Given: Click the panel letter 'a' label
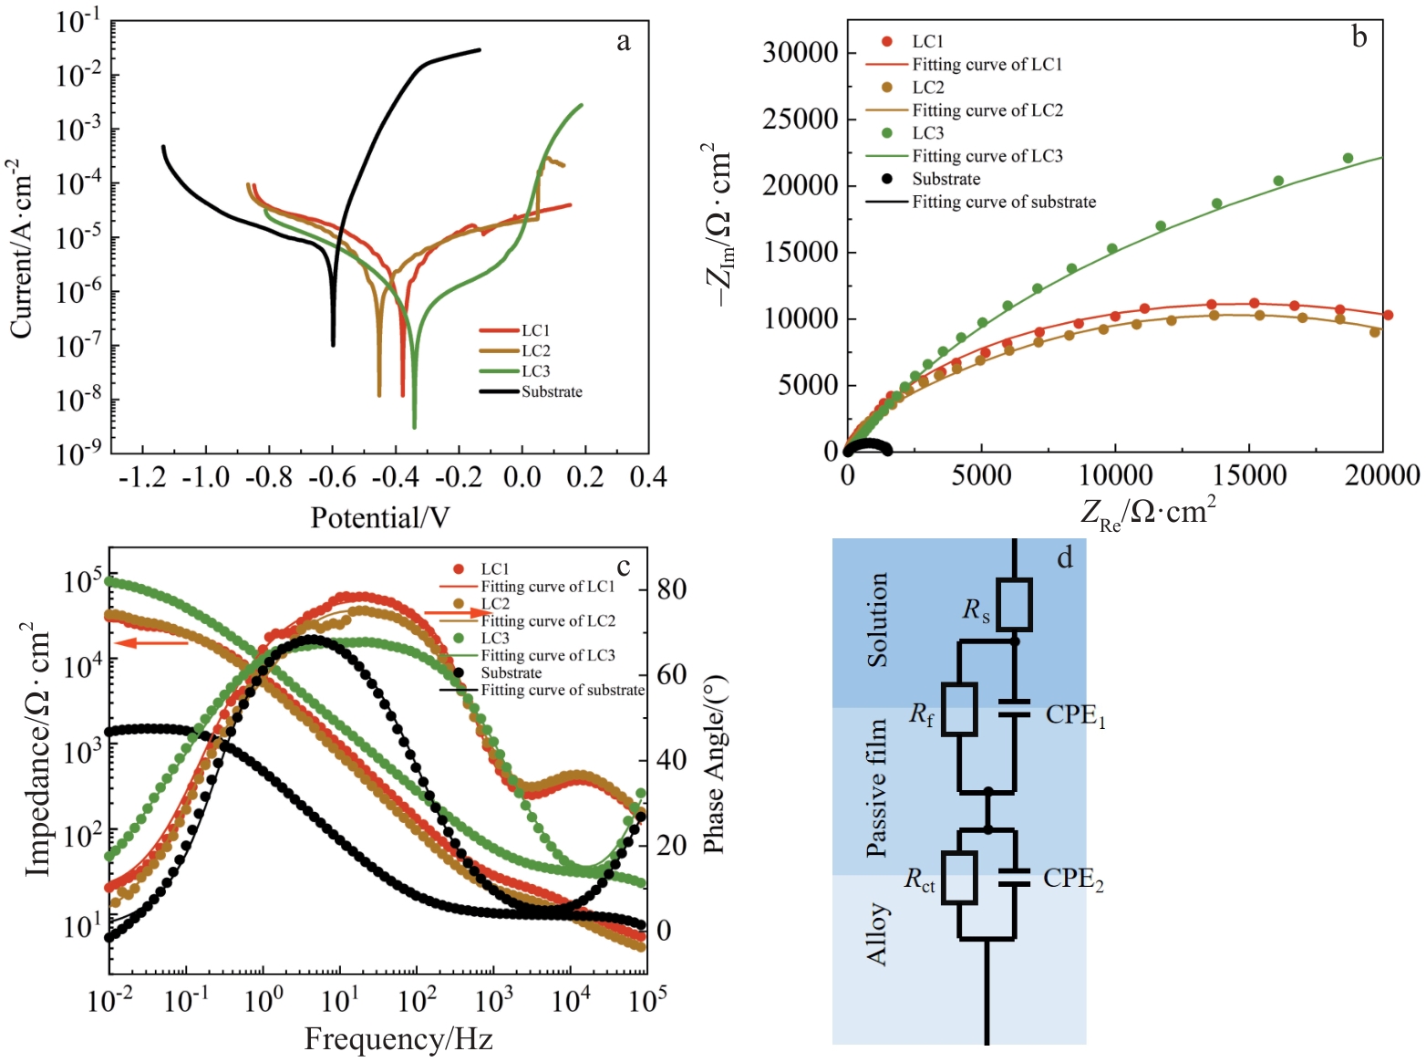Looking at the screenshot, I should pos(624,42).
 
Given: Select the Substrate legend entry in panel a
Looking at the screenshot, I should pos(551,392).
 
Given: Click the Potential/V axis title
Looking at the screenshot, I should pos(380,518).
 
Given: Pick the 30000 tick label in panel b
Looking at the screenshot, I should pos(800,53).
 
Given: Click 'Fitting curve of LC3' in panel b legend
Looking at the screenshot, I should pos(987,156).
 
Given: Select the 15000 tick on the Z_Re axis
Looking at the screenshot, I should pos(1249,475).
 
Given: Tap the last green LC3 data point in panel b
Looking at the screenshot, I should pos(1348,158).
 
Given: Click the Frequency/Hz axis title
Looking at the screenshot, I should pos(398,1039).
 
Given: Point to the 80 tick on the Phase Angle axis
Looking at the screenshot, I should pos(672,589).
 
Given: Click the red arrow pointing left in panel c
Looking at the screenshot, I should pos(151,643).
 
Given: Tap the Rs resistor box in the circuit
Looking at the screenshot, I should pos(1014,604).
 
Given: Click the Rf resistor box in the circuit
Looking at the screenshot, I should pos(959,709).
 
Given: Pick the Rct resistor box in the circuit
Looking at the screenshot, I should pos(959,878).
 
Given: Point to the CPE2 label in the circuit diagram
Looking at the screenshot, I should pos(1073,880).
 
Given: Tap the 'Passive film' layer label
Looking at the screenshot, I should pos(876,787).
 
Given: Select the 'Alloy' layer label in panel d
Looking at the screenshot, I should pos(876,933).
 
